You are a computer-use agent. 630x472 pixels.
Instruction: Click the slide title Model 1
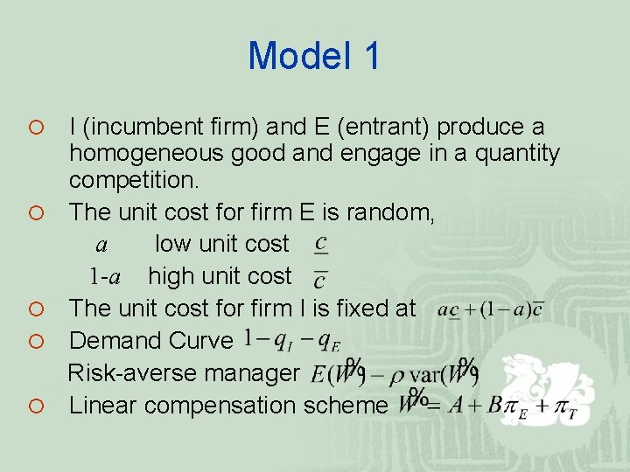pos(314,56)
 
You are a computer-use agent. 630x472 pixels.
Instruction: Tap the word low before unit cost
pos(172,244)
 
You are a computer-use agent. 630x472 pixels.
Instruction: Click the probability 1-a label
pos(105,277)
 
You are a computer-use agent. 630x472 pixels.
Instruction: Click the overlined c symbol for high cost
pos(320,278)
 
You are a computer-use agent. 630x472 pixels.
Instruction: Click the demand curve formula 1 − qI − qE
pos(292,340)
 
